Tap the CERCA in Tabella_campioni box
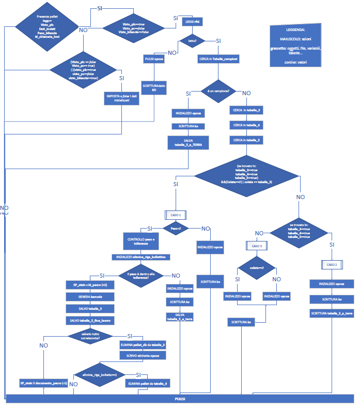pyautogui.click(x=218, y=59)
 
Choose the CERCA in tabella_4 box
pyautogui.click(x=247, y=125)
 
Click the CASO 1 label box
pyautogui.click(x=175, y=214)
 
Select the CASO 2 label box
pyautogui.click(x=332, y=264)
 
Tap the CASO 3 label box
pyautogui.click(x=257, y=246)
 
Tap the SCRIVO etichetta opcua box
pyautogui.click(x=143, y=356)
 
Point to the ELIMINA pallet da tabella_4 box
pyautogui.click(x=149, y=383)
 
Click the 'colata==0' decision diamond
pyautogui.click(x=257, y=268)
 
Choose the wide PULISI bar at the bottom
pyautogui.click(x=180, y=399)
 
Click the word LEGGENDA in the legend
pyautogui.click(x=295, y=30)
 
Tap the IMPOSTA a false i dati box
pyautogui.click(x=122, y=98)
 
